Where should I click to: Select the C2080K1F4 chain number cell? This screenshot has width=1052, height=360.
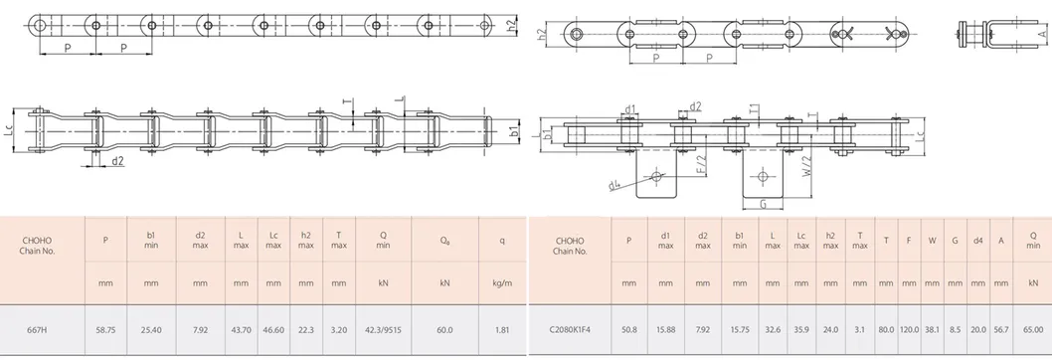point(570,330)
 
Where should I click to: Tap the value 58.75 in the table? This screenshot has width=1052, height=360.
point(105,330)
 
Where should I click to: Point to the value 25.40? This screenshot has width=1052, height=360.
point(151,330)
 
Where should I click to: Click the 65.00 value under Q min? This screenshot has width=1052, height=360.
point(1034,330)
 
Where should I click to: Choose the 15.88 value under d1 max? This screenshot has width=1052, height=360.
point(665,330)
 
